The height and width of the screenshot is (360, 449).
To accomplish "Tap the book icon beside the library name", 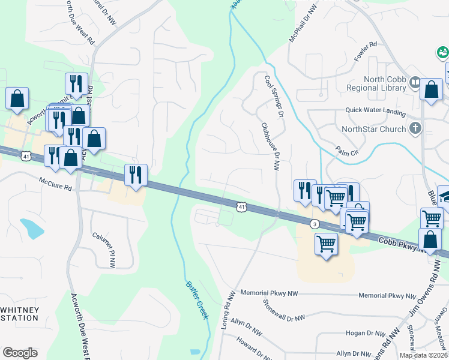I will click(415, 82).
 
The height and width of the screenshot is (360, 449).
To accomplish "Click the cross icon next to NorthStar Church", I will click(415, 128).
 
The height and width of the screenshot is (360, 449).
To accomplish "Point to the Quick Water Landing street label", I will click(376, 110).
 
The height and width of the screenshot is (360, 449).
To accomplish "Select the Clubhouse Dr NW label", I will click(270, 146).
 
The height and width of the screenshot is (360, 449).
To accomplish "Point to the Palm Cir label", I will click(347, 152).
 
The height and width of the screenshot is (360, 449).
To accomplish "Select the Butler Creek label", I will click(196, 300).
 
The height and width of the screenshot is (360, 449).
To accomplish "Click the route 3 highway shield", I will click(314, 224).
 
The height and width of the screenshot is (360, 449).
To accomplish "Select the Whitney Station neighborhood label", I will click(20, 314).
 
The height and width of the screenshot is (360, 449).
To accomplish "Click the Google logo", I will click(20, 353).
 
